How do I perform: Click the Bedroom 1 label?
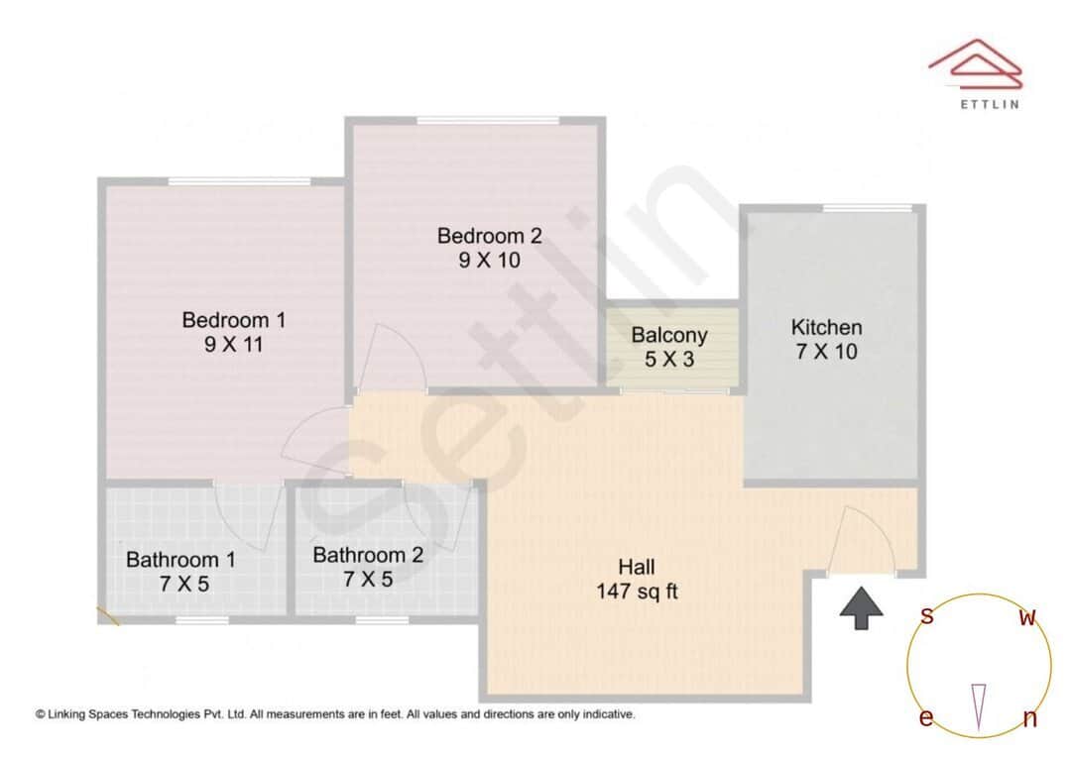tap(234, 320)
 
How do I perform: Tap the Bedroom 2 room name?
tap(490, 236)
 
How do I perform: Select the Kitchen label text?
tap(826, 327)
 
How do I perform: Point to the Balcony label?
tap(669, 335)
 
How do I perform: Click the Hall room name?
tap(637, 568)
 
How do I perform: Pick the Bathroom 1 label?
tap(180, 560)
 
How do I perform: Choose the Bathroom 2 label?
tap(368, 555)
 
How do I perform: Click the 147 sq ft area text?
tap(637, 593)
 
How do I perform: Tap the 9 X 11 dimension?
tap(234, 345)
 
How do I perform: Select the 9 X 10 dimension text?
tap(490, 261)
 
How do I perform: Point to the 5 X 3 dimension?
tap(669, 360)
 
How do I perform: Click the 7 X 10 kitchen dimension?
tap(826, 352)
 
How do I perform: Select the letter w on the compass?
tap(1028, 618)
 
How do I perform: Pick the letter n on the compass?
tap(1029, 719)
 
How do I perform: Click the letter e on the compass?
tap(925, 718)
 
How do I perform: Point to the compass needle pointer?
tap(979, 705)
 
